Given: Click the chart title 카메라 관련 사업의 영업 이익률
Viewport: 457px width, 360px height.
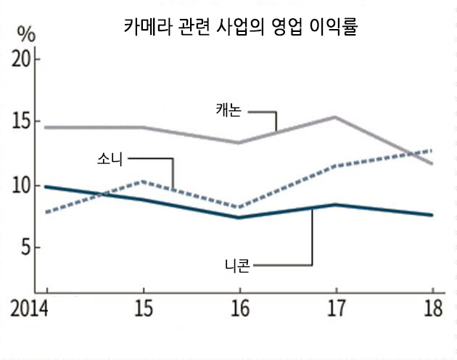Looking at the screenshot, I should (240, 28).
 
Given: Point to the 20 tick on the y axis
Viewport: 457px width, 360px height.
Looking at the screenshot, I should (25, 60).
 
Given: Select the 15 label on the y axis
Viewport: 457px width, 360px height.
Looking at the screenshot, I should (25, 121).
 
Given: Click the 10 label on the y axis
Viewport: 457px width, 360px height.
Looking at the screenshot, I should (25, 185).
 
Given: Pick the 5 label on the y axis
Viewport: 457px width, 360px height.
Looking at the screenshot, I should (29, 248).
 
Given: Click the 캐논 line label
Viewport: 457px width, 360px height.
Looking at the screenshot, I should (230, 110).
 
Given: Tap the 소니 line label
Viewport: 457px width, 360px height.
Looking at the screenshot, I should (110, 159).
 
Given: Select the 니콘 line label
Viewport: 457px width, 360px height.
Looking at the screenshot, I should (237, 265).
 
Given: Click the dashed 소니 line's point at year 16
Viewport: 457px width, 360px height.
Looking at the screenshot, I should (239, 207).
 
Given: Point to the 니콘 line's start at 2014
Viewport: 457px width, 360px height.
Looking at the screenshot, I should (46, 187).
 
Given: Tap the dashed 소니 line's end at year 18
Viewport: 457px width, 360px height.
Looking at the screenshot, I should (432, 150).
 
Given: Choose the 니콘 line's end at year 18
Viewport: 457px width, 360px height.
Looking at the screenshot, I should (432, 215).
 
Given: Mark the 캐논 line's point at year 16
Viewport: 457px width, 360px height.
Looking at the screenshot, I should (239, 142).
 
